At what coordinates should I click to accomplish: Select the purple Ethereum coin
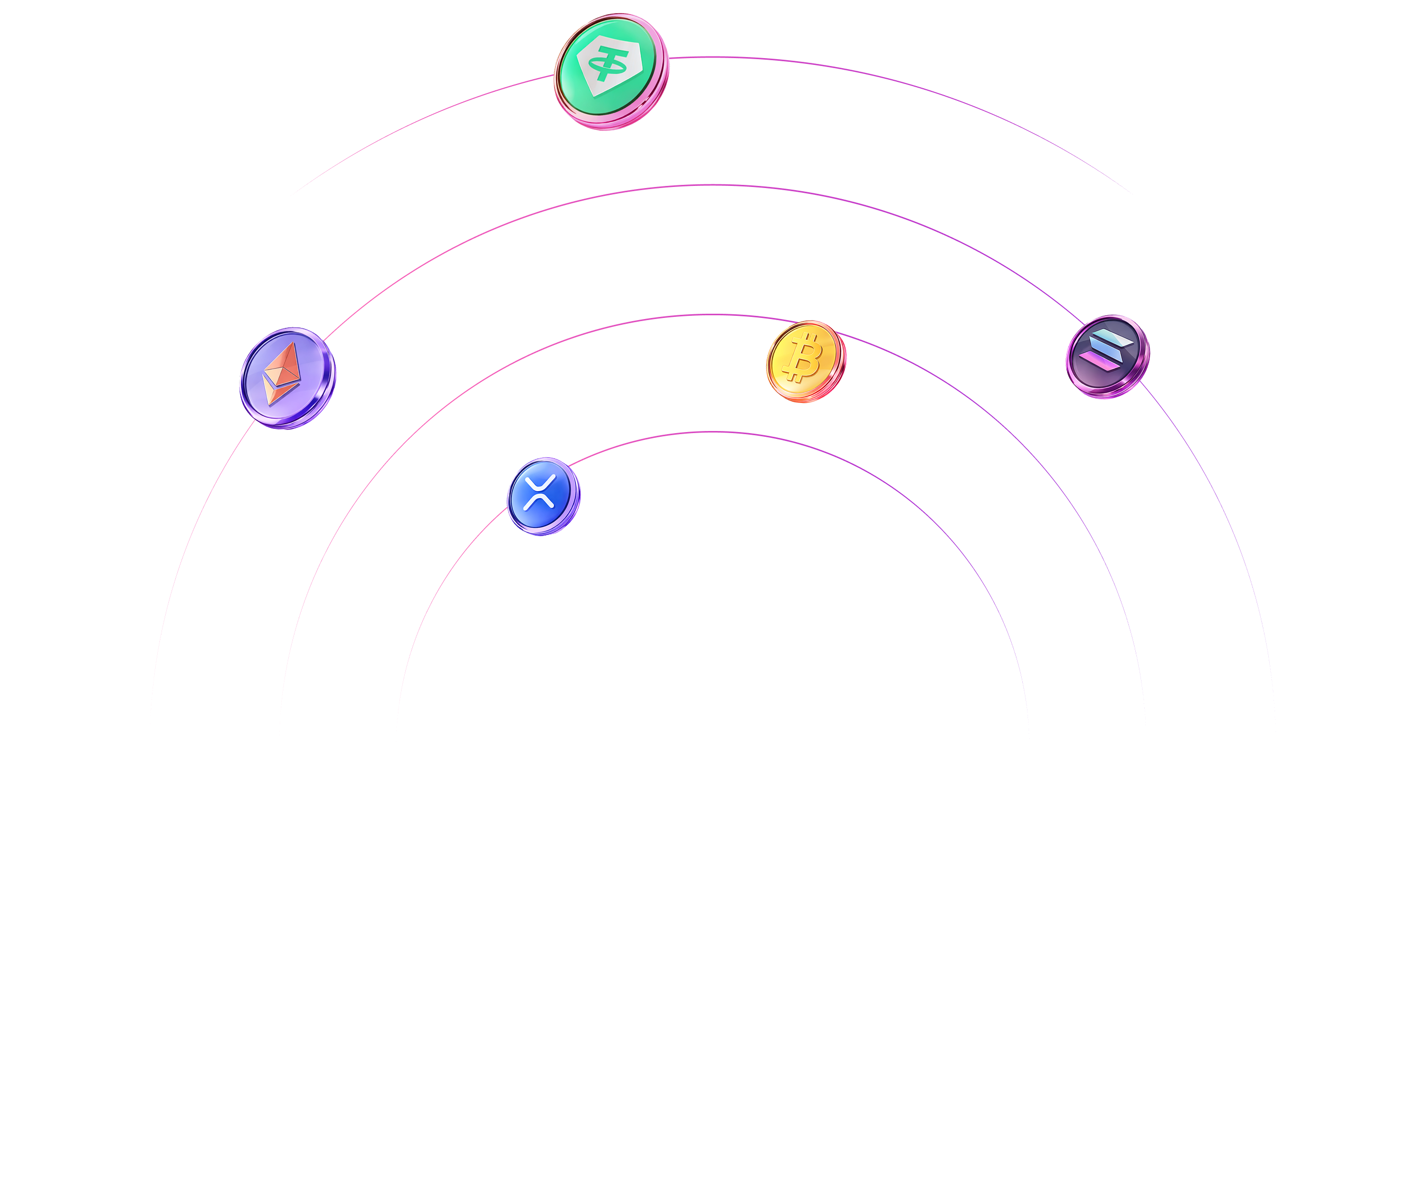pos(287,378)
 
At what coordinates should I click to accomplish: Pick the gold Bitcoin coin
pos(806,361)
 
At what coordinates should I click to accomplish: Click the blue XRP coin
pos(543,496)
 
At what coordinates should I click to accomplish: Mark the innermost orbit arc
pos(713,432)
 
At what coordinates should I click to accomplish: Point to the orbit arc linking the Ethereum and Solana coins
pos(713,185)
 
